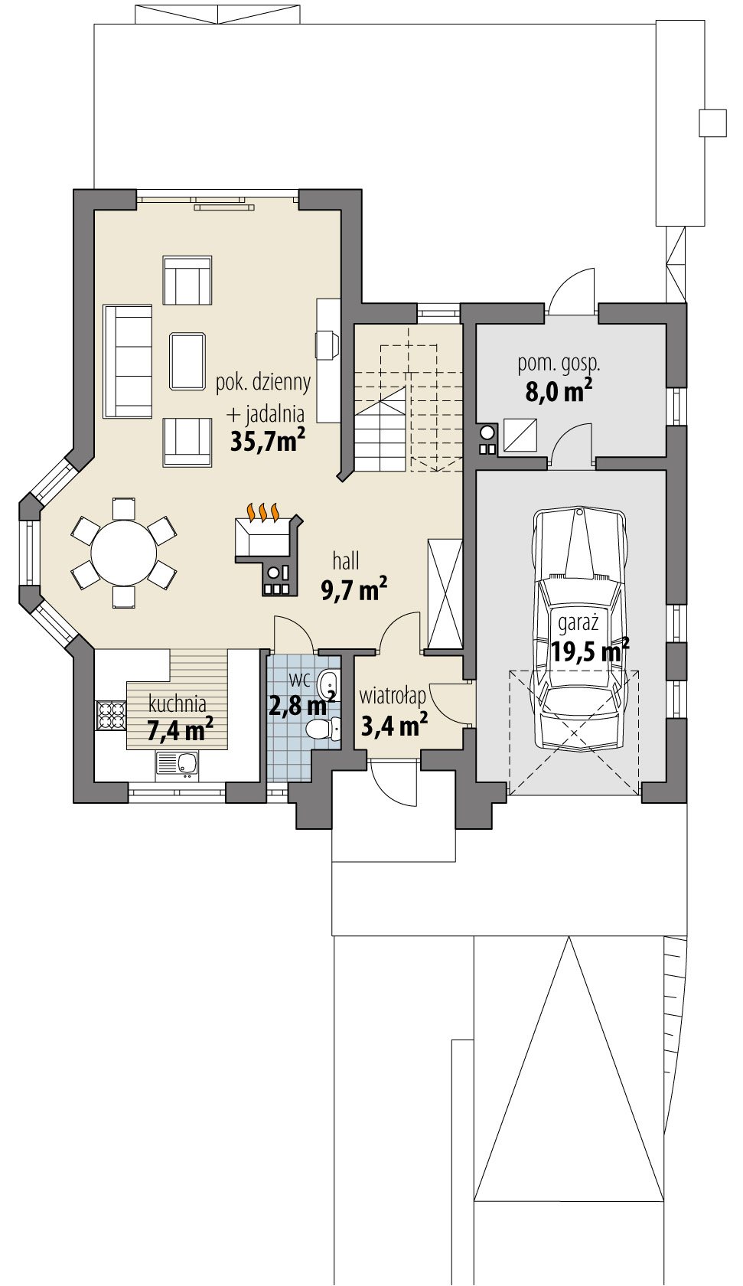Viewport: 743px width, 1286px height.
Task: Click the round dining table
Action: [x=124, y=553]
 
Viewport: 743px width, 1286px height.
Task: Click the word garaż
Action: [x=578, y=624]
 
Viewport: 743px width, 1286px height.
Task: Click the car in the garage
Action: [x=579, y=597]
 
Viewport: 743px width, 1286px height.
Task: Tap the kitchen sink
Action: [x=178, y=762]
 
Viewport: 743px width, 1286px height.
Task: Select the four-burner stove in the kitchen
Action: [x=111, y=715]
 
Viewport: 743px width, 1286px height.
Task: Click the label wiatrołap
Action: [x=393, y=697]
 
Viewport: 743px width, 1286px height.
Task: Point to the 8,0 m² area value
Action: [x=559, y=392]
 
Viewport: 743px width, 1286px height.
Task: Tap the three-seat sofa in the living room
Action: [x=128, y=361]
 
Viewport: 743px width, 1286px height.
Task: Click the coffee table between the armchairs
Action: [x=187, y=361]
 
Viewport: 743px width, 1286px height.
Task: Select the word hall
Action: [x=346, y=561]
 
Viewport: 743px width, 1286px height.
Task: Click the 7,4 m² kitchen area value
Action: [x=180, y=730]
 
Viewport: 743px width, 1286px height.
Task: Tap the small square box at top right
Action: [x=712, y=123]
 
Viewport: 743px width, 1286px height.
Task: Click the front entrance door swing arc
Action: [x=394, y=785]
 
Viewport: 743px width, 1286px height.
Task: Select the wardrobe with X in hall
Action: [x=445, y=594]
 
